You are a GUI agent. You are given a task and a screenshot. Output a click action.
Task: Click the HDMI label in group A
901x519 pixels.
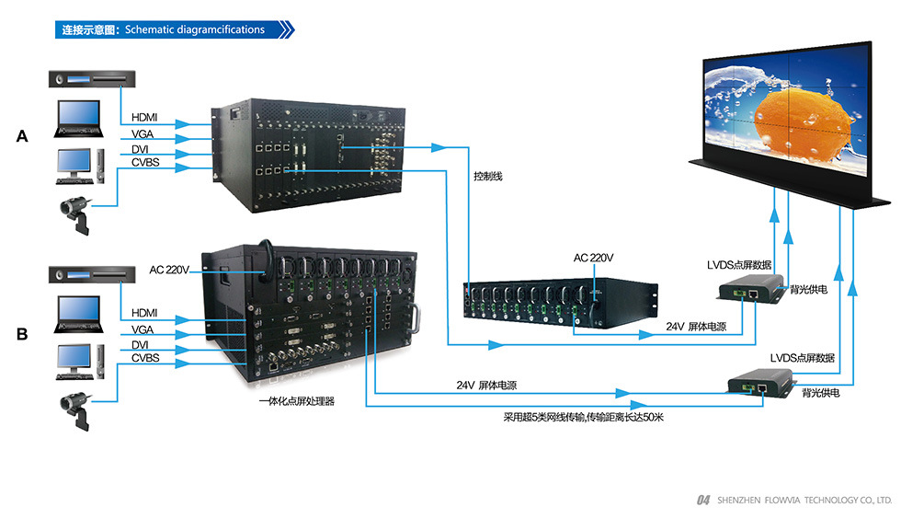tap(144, 117)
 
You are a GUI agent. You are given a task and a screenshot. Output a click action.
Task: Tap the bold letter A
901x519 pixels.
tap(23, 136)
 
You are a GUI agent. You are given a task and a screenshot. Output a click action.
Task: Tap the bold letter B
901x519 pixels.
tap(22, 335)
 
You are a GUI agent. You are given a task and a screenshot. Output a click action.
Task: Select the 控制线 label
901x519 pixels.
tap(488, 175)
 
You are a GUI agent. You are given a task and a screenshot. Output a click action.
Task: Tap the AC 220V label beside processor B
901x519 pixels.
tap(170, 271)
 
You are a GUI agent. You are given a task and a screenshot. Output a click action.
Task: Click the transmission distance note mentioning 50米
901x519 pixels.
tap(583, 417)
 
